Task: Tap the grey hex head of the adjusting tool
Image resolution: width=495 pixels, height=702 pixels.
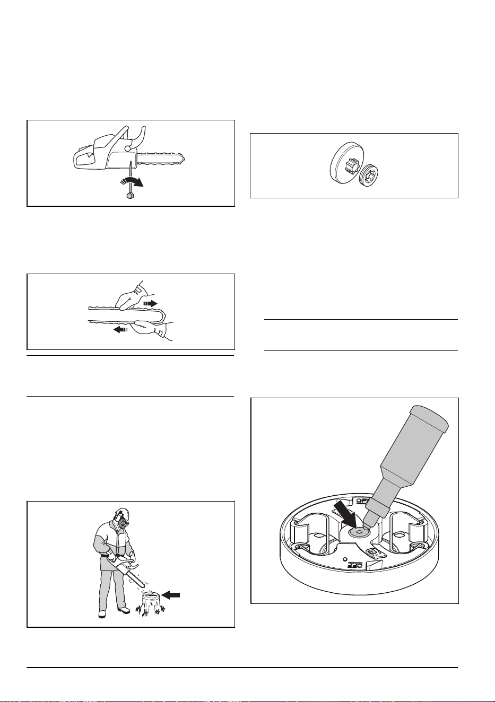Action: click(x=128, y=195)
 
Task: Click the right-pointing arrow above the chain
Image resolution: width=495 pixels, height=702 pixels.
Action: click(x=151, y=303)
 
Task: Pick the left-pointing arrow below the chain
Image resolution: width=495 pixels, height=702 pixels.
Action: click(x=120, y=329)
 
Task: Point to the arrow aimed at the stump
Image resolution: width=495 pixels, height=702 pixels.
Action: click(x=171, y=594)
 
